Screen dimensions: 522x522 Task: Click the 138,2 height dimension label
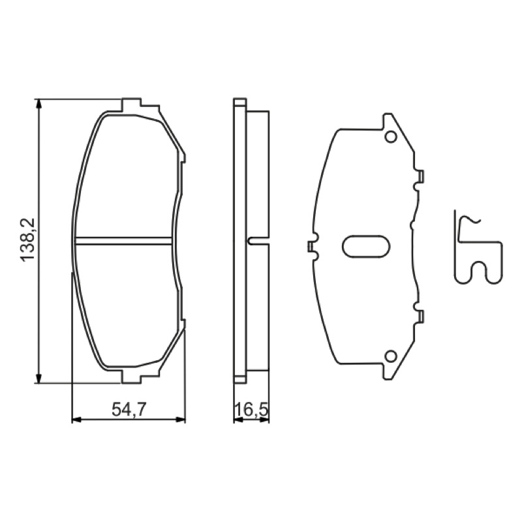pos(28,239)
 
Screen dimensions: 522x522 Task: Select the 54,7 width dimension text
pos(129,409)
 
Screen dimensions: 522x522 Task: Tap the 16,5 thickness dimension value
pos(252,410)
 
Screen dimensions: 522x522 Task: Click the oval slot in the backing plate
pos(366,246)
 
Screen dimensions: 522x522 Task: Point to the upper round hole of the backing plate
pos(390,136)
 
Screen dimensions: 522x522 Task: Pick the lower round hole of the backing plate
pos(390,356)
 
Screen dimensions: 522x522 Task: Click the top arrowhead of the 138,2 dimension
pos(39,104)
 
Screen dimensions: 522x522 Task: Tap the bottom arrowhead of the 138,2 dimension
pos(39,378)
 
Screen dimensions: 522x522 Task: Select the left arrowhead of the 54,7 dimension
pos(77,420)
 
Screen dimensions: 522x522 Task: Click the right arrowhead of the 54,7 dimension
pos(181,420)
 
